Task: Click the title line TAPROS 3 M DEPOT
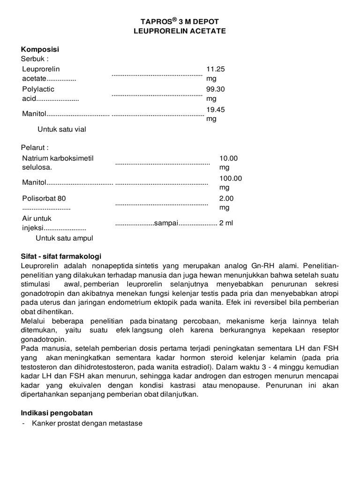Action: [180, 22]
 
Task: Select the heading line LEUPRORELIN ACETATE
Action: [180, 31]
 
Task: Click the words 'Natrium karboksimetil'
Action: [58, 158]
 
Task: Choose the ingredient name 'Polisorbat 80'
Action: [44, 198]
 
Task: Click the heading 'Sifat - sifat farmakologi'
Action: [61, 256]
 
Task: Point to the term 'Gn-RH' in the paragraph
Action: [262, 266]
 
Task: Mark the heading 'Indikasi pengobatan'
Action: [57, 413]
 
